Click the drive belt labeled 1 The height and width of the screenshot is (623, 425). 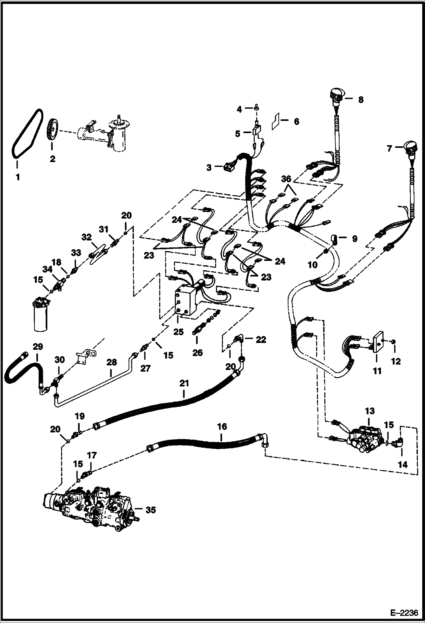27,133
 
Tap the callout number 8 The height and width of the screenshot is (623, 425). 360,100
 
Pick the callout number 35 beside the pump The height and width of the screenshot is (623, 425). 150,510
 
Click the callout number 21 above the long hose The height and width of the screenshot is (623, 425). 184,384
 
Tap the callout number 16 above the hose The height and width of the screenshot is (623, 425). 222,427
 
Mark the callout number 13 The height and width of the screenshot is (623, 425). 370,411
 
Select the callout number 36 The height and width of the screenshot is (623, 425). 286,179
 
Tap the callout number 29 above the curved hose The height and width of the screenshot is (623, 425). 37,347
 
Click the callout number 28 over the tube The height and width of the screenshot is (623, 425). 111,362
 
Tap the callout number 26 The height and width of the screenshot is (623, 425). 197,353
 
